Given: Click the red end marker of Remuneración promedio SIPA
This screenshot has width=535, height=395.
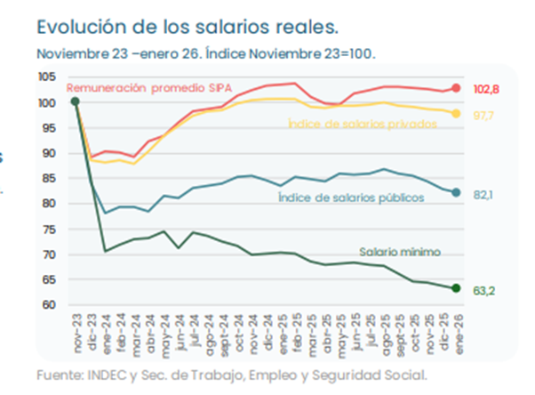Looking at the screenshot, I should coord(457,88).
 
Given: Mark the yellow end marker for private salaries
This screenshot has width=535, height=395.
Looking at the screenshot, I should coord(457,113).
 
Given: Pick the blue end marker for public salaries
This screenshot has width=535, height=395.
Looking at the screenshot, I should coord(457,192).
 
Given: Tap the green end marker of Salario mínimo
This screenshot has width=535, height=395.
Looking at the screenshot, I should coord(457,287).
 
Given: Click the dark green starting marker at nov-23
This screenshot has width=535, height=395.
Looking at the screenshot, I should coord(75,101).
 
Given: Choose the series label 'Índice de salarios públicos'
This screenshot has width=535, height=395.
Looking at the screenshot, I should coord(350,197).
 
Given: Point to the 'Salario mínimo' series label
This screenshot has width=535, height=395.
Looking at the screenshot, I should coord(400,252).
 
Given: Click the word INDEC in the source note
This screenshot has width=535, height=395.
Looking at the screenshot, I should coord(104,375).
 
